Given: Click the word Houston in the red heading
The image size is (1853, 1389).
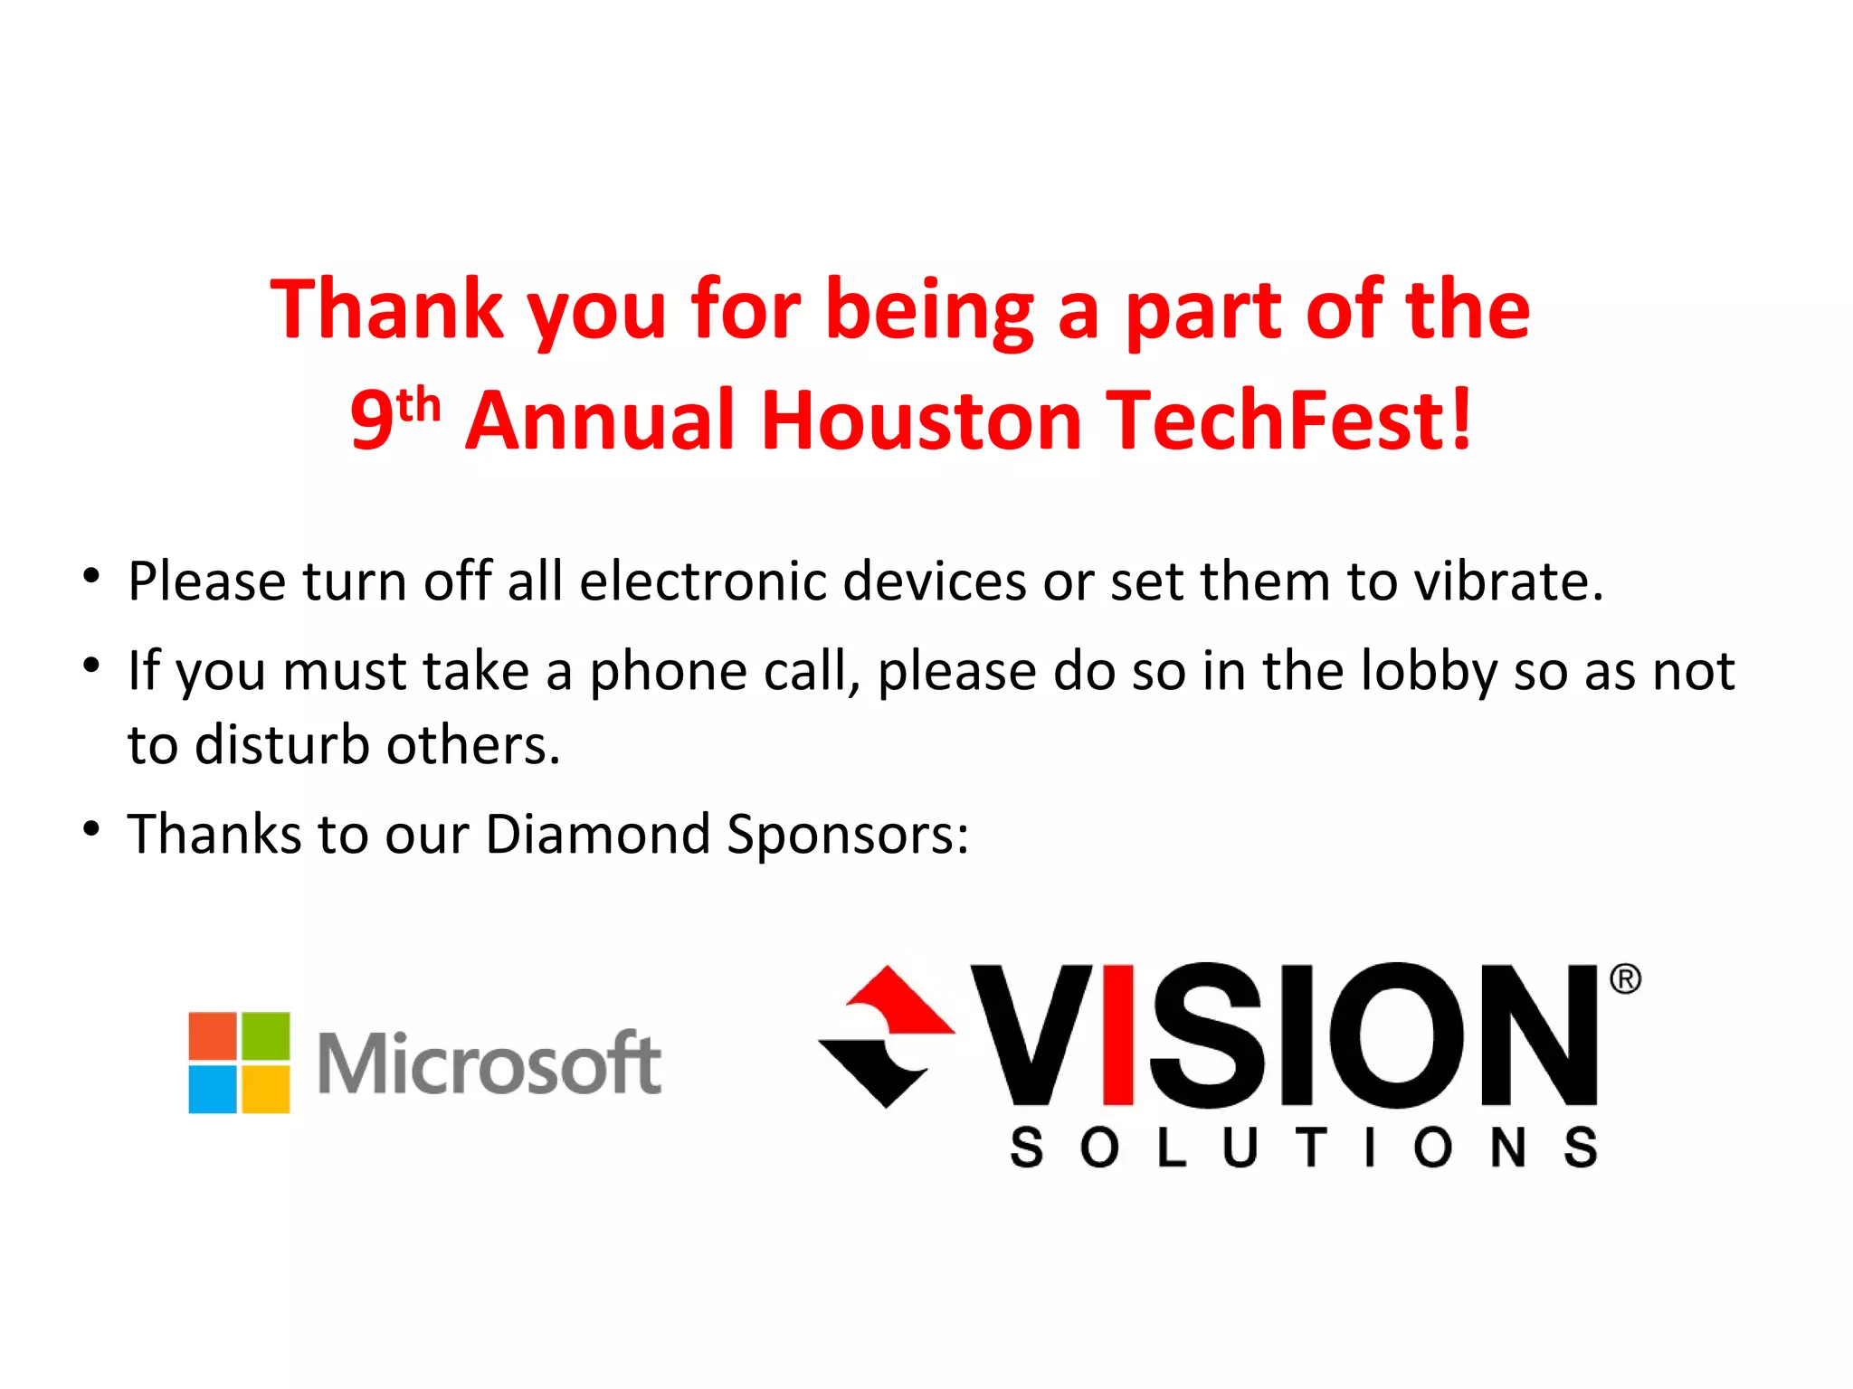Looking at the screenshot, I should coord(920,420).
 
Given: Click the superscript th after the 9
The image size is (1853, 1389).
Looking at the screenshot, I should coord(418,406).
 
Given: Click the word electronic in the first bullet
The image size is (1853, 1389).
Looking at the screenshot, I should coord(702,581).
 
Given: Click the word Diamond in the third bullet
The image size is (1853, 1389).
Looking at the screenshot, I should coord(597,834).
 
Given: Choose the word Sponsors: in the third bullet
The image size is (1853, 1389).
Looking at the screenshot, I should coord(847,836).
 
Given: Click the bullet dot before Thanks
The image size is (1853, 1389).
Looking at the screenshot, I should coord(90,828).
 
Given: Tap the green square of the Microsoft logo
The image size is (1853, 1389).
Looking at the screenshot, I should coord(266,1036).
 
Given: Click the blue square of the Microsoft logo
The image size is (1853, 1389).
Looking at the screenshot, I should coord(213,1090).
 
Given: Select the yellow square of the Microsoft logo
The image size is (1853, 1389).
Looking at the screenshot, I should coord(266,1090).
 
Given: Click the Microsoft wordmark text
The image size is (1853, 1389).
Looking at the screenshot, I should coord(489,1063).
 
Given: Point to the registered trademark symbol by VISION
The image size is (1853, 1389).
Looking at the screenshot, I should coord(1625,980).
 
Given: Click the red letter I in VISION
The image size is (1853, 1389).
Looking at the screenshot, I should coord(1119,1035).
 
